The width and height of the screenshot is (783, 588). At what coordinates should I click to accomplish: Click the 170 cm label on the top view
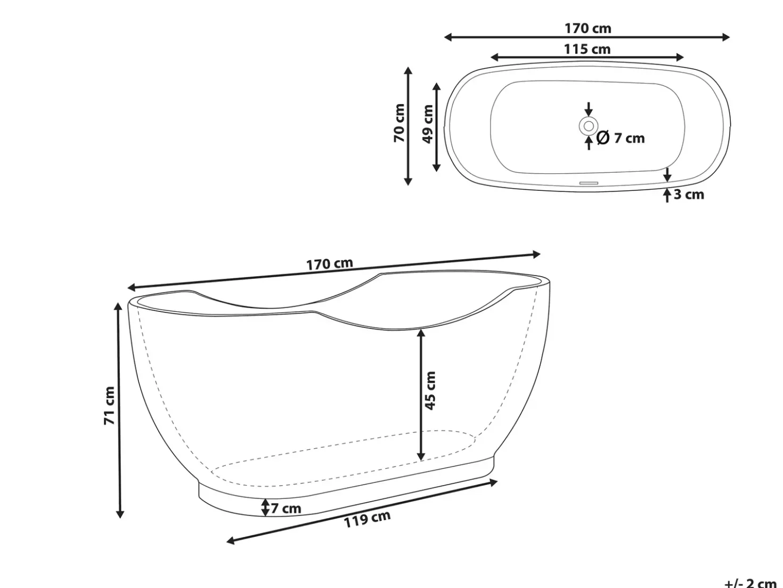(588, 28)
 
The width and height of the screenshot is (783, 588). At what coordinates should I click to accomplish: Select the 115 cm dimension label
(587, 49)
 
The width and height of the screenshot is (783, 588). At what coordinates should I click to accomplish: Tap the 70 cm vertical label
(399, 123)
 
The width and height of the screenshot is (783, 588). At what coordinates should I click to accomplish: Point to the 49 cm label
(427, 124)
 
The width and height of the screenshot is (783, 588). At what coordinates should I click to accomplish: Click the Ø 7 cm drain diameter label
(621, 138)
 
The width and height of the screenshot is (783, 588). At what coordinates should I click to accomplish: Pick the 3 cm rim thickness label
(689, 195)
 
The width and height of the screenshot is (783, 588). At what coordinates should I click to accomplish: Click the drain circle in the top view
(589, 126)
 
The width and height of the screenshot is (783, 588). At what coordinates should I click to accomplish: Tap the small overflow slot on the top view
(589, 183)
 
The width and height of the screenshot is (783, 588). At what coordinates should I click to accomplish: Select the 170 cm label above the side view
(330, 264)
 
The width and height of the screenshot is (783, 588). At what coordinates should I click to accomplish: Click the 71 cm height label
(109, 406)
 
